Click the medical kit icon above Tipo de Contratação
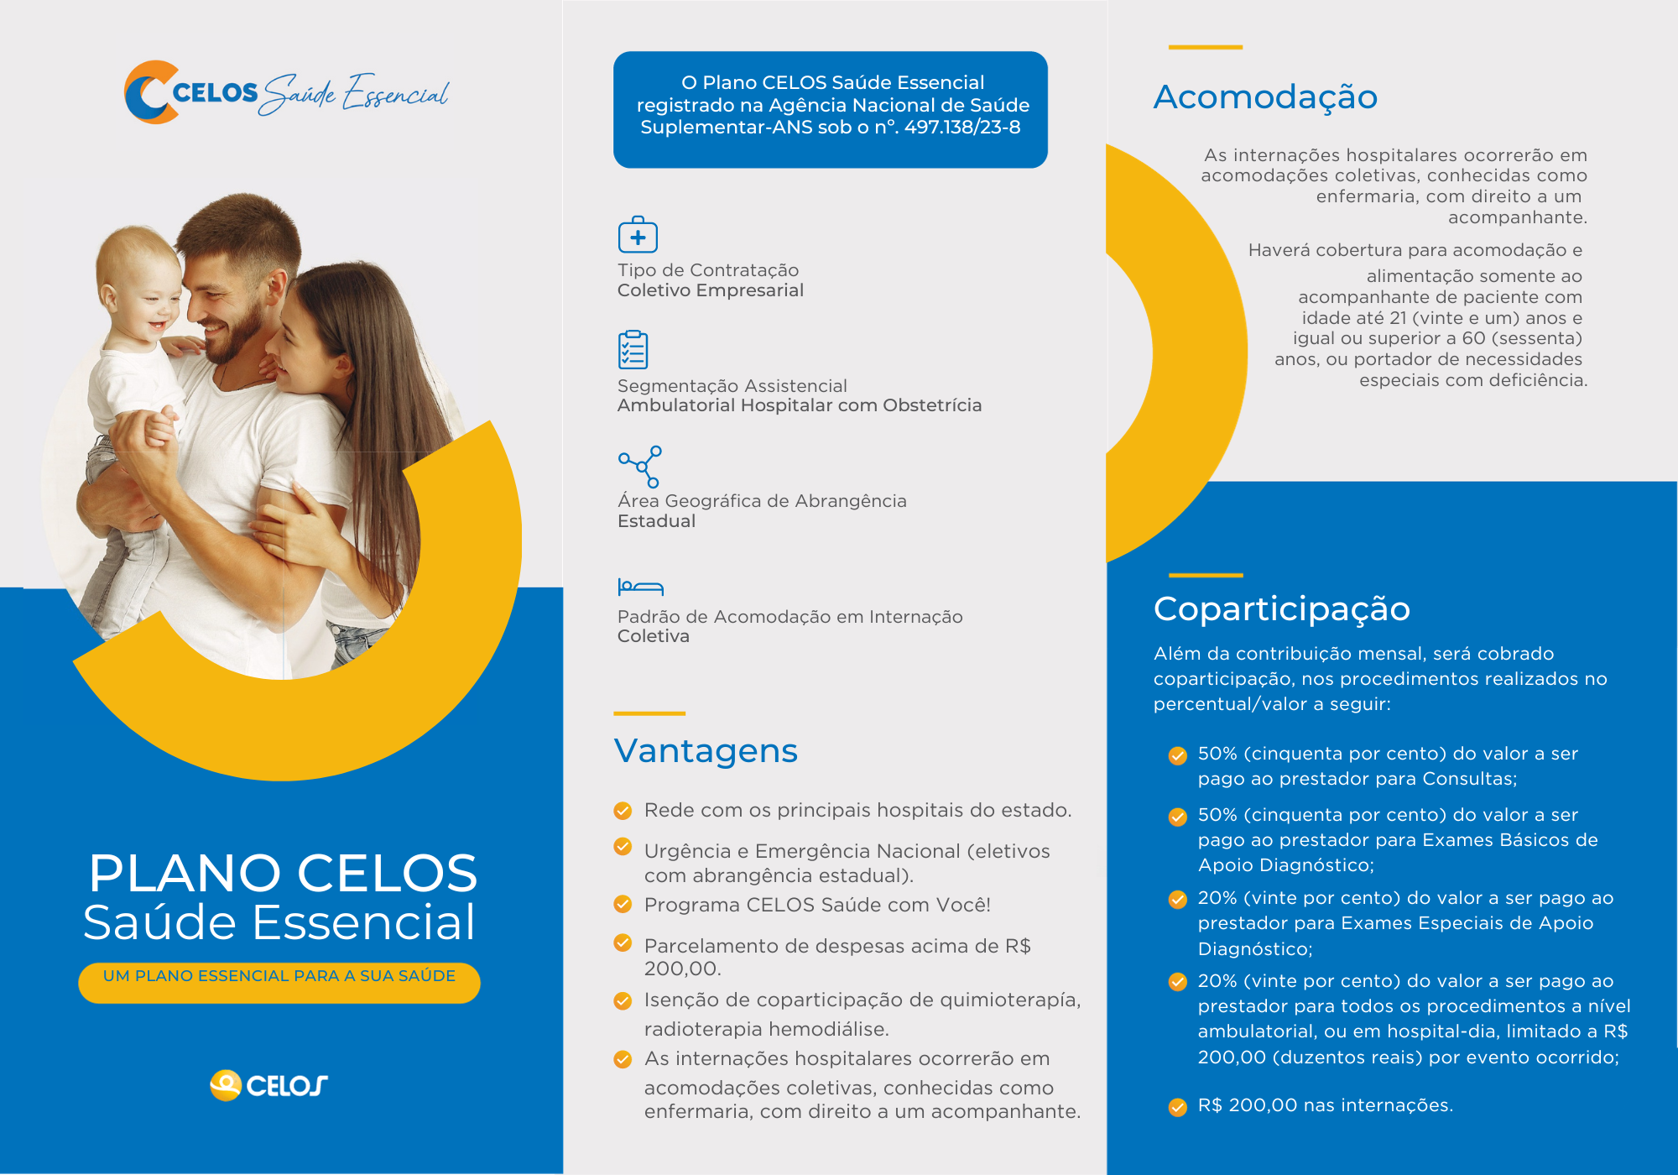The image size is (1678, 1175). [638, 235]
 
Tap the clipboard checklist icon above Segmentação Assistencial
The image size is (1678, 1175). [633, 350]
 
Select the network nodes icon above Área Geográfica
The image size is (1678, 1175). [640, 467]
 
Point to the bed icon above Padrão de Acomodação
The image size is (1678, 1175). [640, 587]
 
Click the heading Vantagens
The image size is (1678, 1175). [706, 751]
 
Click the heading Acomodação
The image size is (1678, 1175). [1265, 97]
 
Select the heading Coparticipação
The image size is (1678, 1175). [1281, 608]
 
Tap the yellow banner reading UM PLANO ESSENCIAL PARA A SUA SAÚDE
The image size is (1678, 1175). [279, 981]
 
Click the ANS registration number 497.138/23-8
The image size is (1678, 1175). [962, 128]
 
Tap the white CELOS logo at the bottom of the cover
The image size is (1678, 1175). [268, 1085]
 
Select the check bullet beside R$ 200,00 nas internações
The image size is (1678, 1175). [1178, 1107]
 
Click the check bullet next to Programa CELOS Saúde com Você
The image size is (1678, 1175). [623, 905]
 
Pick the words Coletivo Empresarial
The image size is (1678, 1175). [711, 290]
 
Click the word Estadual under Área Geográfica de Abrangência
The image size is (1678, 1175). [656, 521]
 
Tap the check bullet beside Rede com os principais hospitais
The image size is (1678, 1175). [623, 811]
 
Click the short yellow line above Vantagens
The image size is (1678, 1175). [649, 713]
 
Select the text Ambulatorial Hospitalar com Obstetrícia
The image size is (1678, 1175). [799, 405]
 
